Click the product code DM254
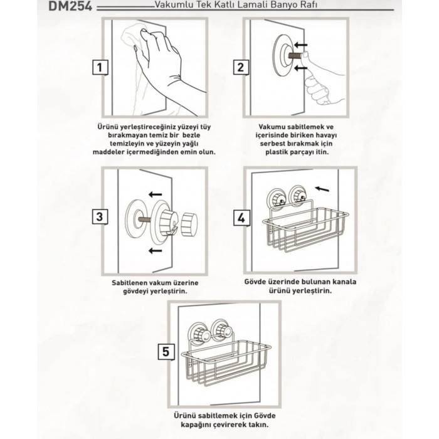[70, 6]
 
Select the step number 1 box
[100, 68]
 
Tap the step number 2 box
[241, 68]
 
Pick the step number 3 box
[100, 217]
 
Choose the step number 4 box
[241, 218]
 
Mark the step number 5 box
[166, 352]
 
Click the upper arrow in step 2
[300, 45]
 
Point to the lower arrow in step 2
[300, 68]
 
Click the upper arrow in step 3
[156, 194]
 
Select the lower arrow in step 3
[156, 250]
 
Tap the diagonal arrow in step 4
[322, 189]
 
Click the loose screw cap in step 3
[189, 224]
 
